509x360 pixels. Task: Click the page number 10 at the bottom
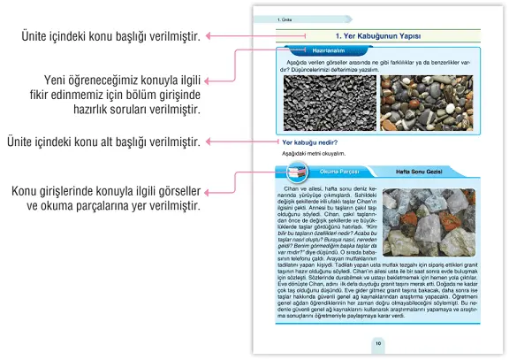[x=377, y=344]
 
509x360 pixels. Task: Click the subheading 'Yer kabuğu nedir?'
[x=312, y=142]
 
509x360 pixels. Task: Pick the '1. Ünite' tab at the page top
[x=285, y=17]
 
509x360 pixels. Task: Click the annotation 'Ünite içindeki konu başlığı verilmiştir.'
[x=111, y=35]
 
